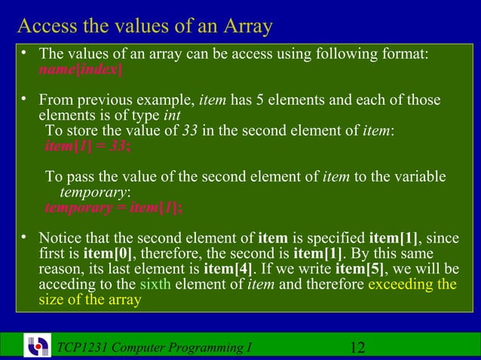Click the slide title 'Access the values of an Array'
(145, 26)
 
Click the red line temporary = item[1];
(113, 207)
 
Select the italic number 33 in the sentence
(191, 131)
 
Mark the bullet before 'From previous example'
(24, 99)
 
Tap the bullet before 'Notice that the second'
(24, 238)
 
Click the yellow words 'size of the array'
(90, 300)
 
